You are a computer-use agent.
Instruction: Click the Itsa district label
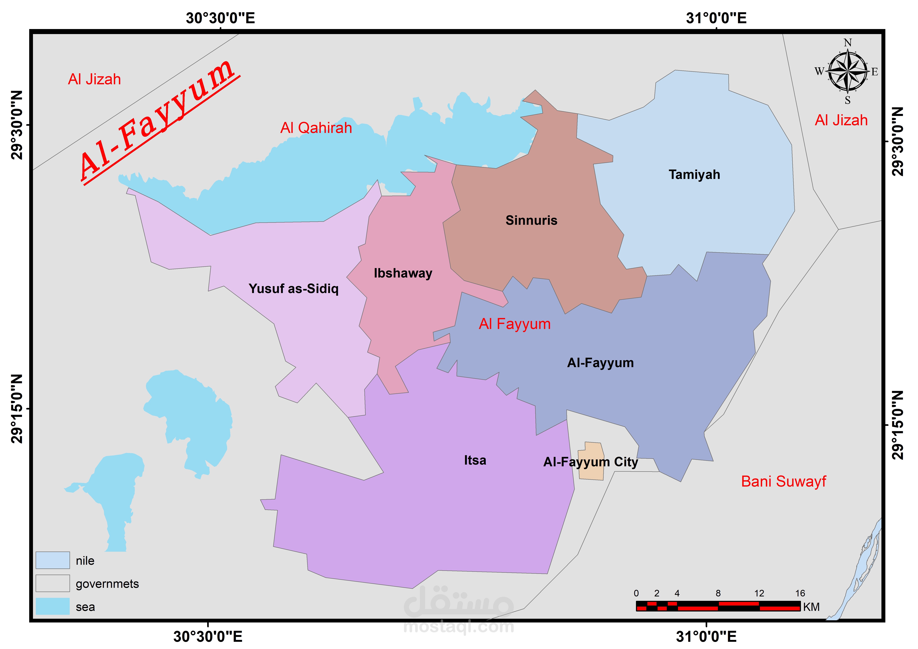(475, 460)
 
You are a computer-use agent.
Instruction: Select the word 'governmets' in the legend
(107, 584)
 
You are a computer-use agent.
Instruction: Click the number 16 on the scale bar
(800, 593)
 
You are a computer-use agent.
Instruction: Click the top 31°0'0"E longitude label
(716, 18)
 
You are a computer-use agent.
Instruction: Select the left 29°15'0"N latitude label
(17, 409)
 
